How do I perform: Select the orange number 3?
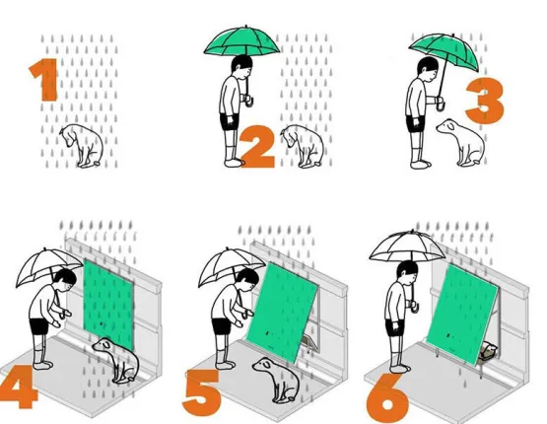pos(486,101)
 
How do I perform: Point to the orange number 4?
pos(19,388)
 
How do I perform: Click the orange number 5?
pos(202,391)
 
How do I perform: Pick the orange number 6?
pos(388,401)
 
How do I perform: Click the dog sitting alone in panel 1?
pos(83,146)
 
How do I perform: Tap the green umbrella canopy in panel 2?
pos(242,41)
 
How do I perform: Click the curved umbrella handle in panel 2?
pos(248,101)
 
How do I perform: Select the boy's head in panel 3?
pos(428,69)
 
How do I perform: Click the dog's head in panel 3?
pos(446,127)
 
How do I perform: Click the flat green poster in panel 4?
pos(108,304)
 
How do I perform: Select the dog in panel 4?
pos(117,360)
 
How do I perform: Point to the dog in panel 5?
pos(277,380)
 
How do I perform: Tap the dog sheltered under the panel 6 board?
pos(488,352)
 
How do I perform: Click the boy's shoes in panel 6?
pos(400,368)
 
